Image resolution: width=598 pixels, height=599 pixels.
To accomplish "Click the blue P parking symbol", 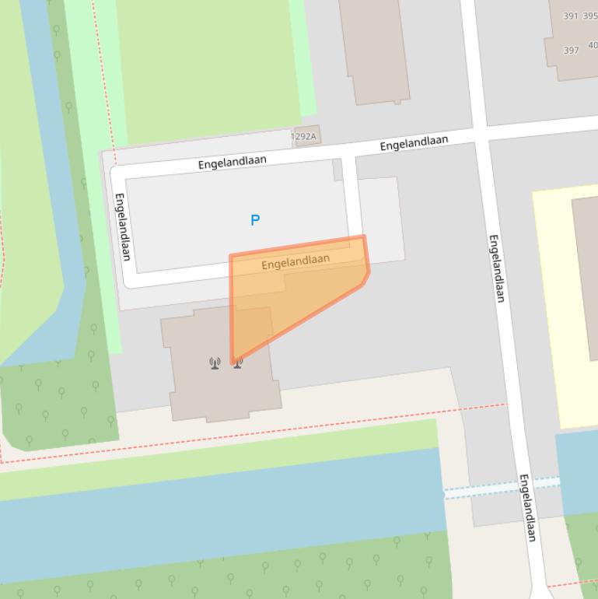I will pos(254,221).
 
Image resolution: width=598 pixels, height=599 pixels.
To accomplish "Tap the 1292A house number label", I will pos(304,137).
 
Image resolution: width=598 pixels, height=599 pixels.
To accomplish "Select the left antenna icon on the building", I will pos(215,363).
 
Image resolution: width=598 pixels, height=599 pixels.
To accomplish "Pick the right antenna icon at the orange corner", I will pos(237,362).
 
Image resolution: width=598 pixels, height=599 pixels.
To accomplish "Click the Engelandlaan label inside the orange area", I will pos(296,261).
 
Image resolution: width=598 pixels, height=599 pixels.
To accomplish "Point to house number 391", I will pos(571,16).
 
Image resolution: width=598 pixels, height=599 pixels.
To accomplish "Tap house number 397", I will pos(571,51).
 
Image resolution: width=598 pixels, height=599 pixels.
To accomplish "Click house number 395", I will pos(590,16).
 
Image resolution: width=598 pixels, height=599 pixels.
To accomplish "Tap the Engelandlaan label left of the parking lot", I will pos(122,226).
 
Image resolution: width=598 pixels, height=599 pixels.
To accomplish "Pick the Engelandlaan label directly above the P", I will pos(232,162).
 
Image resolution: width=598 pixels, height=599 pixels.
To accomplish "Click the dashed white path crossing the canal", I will pos(502,488).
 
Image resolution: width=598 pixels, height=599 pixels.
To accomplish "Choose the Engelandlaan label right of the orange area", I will pos(497,268).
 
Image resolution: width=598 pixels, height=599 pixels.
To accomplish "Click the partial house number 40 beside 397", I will pos(593,45).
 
